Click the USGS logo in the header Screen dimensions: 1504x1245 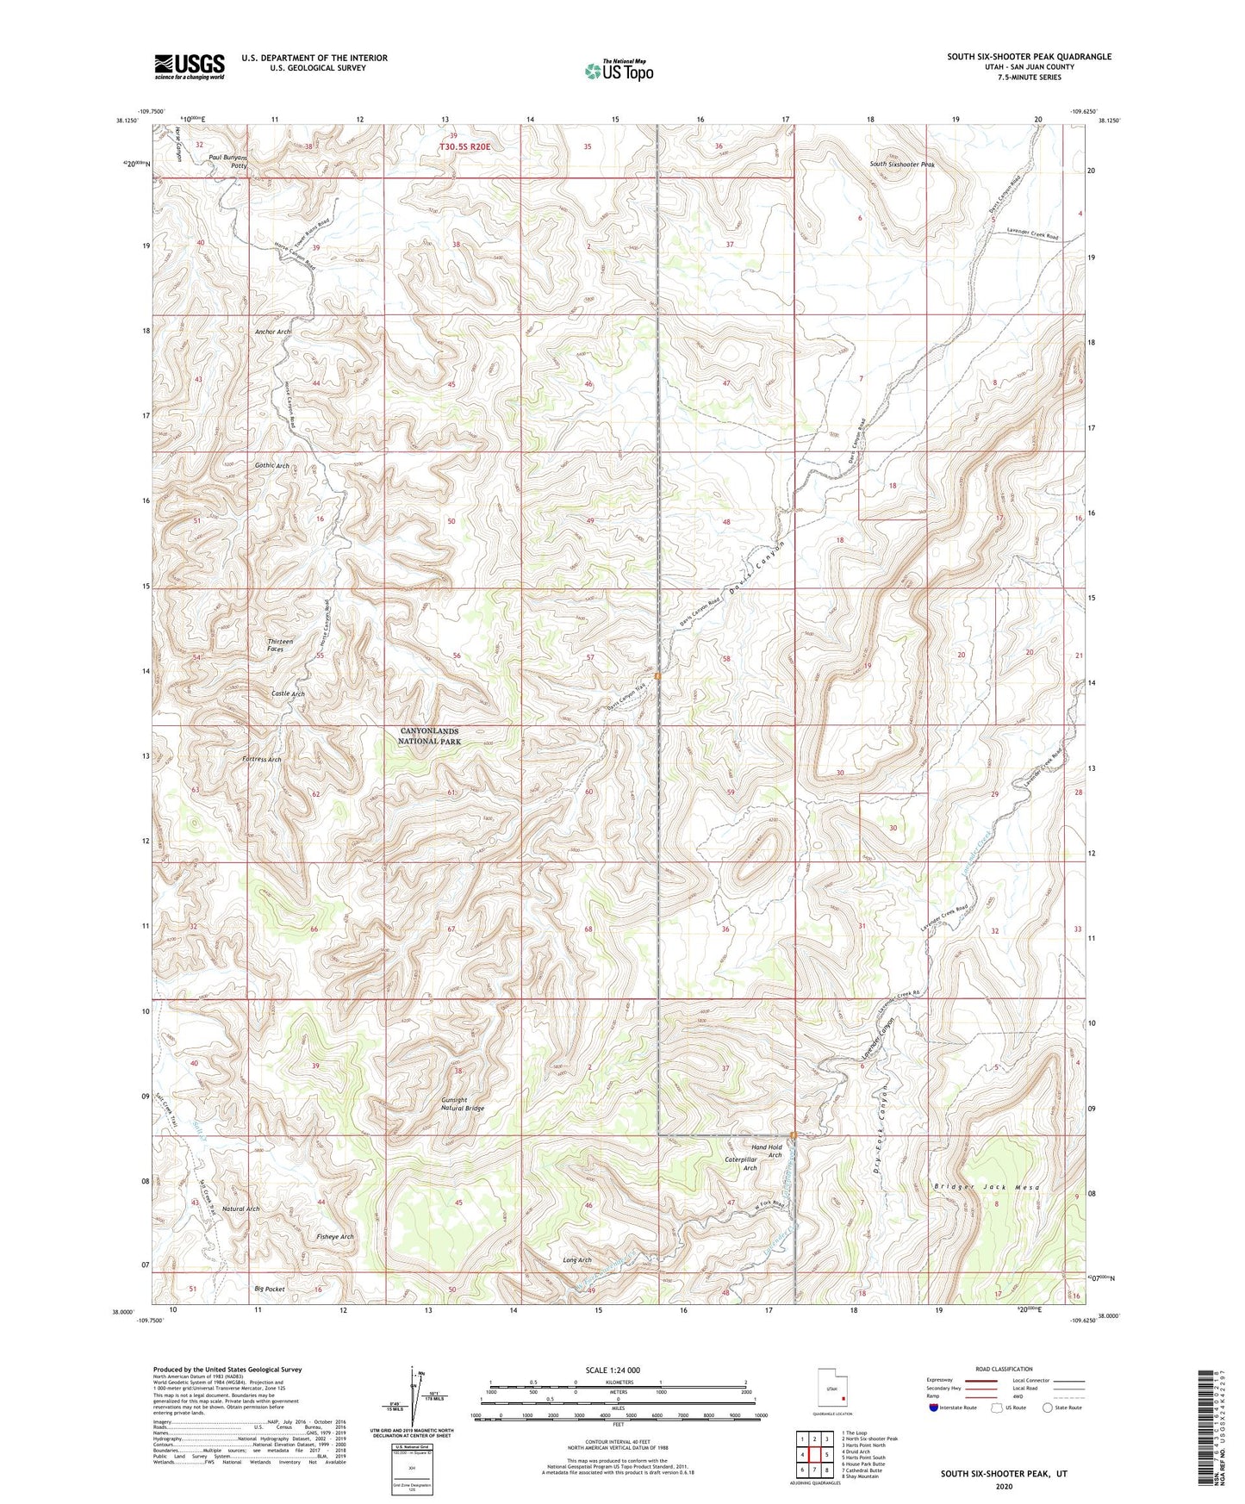click(190, 65)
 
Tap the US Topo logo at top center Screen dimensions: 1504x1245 click(618, 71)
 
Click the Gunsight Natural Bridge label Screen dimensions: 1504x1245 click(463, 1104)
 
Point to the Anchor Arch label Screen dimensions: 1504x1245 click(272, 332)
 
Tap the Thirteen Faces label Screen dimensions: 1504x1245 click(280, 645)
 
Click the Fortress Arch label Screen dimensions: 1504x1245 click(262, 760)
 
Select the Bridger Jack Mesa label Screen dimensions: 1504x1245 click(987, 1187)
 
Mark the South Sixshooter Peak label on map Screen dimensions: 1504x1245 click(901, 164)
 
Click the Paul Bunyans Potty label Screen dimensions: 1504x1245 click(228, 162)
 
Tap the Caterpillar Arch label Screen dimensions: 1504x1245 click(740, 1164)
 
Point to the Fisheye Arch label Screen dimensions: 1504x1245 click(335, 1236)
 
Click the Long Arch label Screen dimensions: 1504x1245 click(577, 1259)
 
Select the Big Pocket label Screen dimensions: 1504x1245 click(270, 1289)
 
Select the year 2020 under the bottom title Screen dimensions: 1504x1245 click(1004, 1486)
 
